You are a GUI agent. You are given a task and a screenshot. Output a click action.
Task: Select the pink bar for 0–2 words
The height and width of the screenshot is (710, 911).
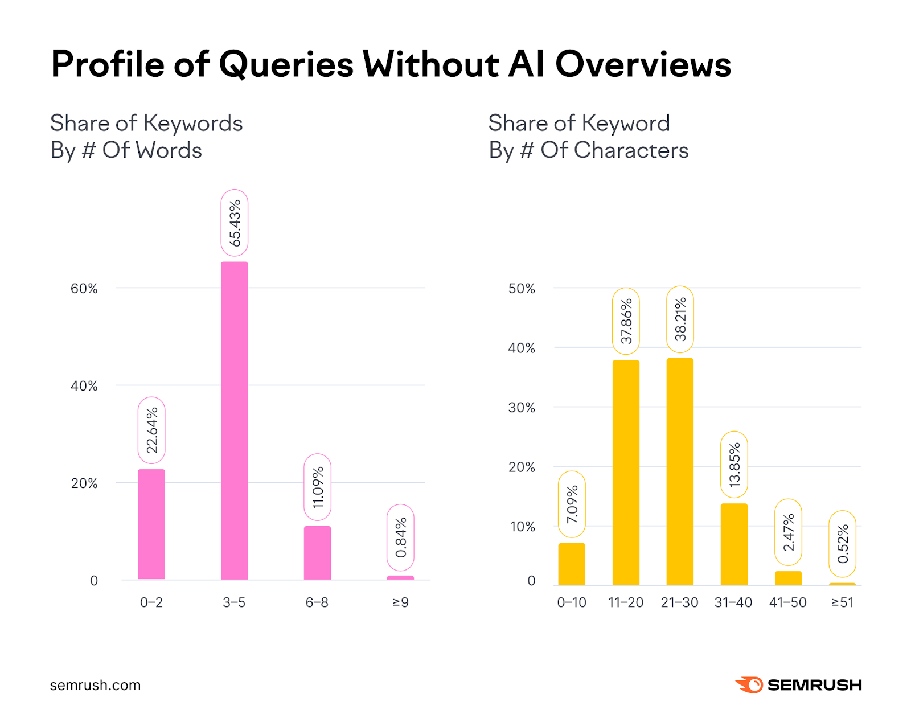151,524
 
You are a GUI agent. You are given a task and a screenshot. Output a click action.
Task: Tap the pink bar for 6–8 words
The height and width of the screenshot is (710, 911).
317,552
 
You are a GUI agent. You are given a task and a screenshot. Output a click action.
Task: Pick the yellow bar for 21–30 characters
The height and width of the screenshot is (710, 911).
680,471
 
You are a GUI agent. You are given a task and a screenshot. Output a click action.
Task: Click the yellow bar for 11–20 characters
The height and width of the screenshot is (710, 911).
626,473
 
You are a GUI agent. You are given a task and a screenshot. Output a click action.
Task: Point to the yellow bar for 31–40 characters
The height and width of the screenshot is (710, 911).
734,544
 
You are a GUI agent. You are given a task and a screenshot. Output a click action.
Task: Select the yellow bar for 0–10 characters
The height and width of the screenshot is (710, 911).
572,564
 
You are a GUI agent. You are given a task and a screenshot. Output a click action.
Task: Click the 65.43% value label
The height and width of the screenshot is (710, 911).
235,223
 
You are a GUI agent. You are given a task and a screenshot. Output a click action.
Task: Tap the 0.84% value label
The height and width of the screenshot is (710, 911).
400,537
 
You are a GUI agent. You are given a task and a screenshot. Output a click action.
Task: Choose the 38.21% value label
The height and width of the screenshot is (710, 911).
680,319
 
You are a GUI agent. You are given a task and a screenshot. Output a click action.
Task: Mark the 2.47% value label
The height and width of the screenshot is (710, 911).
788,532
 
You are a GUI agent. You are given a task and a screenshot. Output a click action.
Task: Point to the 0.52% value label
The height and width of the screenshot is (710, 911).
843,544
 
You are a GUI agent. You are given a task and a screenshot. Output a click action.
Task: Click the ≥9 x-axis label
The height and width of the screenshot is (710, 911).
400,602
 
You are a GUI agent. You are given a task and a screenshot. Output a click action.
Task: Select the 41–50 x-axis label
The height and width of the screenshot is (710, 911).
787,602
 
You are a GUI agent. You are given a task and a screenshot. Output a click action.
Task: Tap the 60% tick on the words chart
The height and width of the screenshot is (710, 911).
84,289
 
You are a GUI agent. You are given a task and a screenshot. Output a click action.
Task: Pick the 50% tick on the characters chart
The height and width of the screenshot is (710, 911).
522,289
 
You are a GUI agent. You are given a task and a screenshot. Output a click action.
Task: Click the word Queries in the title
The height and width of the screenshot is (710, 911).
286,64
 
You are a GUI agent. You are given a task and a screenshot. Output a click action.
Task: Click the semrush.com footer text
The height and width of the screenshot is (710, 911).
95,685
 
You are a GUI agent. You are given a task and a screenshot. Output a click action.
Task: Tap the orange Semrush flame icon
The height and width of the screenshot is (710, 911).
749,684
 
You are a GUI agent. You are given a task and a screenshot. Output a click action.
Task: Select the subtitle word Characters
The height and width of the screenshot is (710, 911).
631,150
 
